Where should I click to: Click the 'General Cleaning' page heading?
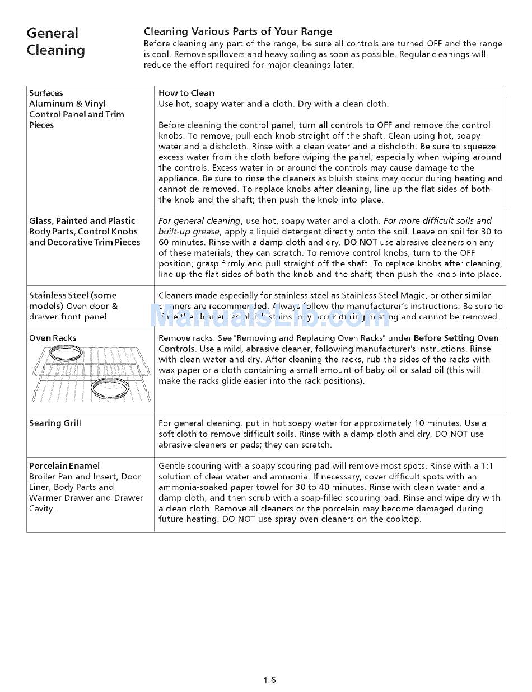pos(55,41)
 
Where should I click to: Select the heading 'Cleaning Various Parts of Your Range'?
pos(238,32)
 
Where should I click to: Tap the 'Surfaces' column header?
pos(46,93)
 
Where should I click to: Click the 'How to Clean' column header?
pos(186,93)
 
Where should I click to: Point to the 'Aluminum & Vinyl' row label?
pos(67,103)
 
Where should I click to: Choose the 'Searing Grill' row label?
pos(55,423)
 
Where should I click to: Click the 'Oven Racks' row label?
pos(53,338)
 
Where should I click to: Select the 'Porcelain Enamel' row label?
pos(64,465)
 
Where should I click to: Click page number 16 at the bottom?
pos(270,680)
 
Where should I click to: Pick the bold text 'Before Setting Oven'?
pos(456,338)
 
